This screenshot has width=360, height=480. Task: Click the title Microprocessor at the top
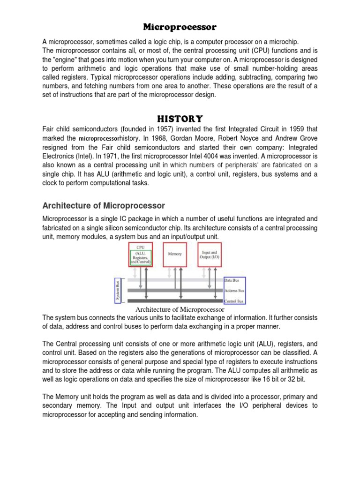pyautogui.click(x=180, y=27)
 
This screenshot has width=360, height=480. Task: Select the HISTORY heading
pyautogui.click(x=180, y=118)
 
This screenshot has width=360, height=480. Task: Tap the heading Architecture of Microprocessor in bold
pyautogui.click(x=104, y=205)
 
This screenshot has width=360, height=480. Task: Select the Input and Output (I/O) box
pyautogui.click(x=210, y=254)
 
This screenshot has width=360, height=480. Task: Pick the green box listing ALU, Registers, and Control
pyautogui.click(x=141, y=258)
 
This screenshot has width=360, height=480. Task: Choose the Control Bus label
pyautogui.click(x=235, y=301)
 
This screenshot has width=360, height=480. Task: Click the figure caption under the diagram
pyautogui.click(x=180, y=309)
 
